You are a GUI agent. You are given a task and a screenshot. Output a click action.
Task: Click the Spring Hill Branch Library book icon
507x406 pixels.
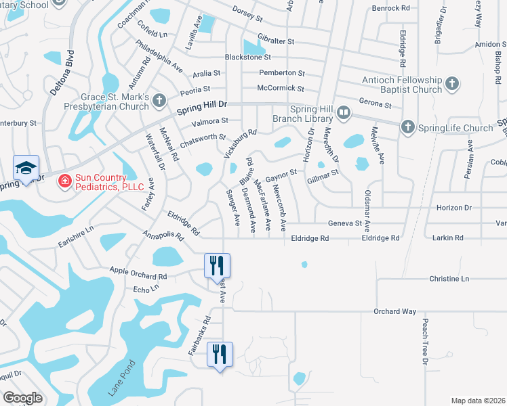coord(344,112)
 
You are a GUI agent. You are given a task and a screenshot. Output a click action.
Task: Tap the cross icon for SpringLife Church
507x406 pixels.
coord(407,127)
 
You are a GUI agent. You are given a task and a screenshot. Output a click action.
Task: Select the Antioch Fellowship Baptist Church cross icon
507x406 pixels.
coord(453,85)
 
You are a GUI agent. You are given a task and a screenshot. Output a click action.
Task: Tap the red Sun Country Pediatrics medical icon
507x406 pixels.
coord(64,181)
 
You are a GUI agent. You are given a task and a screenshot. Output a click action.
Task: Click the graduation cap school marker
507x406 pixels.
coord(26,169)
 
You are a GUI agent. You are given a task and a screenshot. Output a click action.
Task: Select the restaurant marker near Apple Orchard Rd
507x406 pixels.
coord(218,266)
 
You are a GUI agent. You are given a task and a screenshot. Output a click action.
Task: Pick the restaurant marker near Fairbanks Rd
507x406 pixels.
coord(220,355)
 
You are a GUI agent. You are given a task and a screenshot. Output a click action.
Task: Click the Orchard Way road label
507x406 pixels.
coord(394,311)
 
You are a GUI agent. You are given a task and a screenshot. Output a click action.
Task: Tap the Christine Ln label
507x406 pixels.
coord(449,279)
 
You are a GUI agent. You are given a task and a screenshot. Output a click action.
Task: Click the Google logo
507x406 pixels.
coord(22,397)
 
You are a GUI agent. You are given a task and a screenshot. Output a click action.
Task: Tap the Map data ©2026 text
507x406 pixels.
coord(477,401)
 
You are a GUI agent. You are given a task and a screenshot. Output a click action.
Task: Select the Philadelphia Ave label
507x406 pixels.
coord(159,57)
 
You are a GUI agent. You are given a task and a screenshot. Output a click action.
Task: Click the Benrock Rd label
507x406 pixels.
coord(391,9)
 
